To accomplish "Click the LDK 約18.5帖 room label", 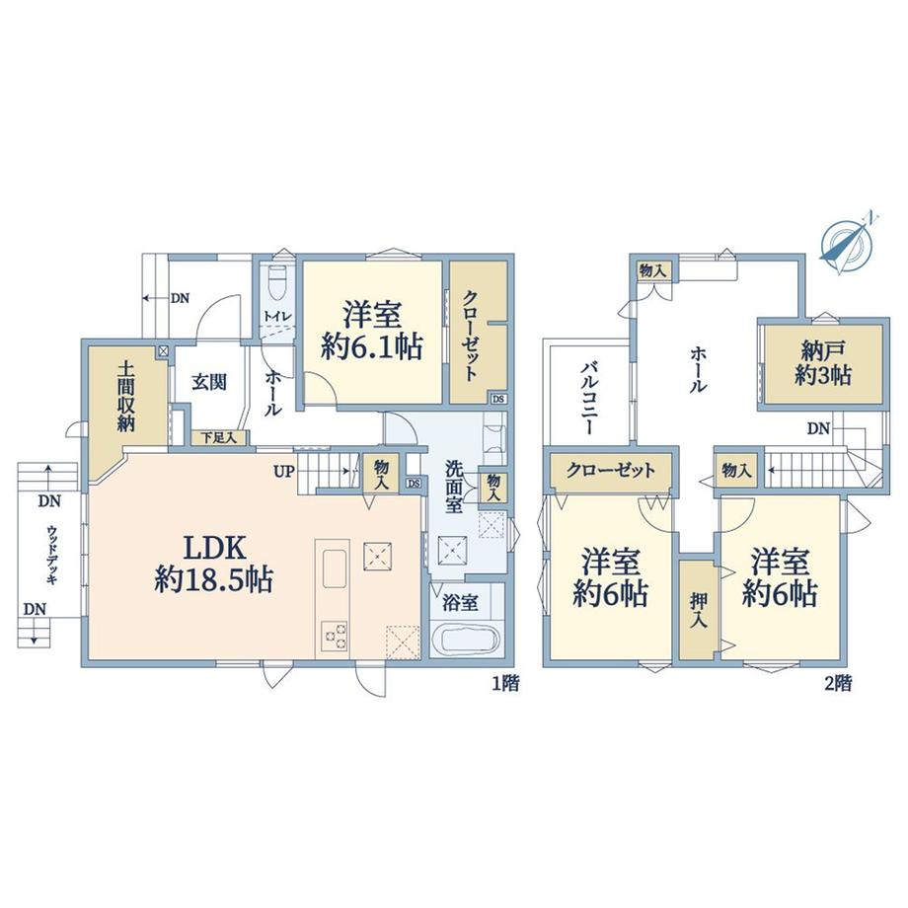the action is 214,564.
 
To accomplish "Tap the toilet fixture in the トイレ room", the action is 278,281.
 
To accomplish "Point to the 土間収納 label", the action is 126,397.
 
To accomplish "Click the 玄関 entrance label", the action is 209,382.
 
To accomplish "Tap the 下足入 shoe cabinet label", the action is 218,438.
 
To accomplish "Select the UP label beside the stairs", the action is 284,471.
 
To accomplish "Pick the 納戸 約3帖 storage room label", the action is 823,363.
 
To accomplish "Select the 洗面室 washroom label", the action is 454,487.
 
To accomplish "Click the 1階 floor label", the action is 505,684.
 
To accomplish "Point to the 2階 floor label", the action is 838,684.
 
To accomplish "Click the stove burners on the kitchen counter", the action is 336,638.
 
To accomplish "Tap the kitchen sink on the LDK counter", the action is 335,568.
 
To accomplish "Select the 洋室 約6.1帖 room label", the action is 372,332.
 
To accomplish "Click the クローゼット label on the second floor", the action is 611,470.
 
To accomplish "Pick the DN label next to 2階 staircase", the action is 819,428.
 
